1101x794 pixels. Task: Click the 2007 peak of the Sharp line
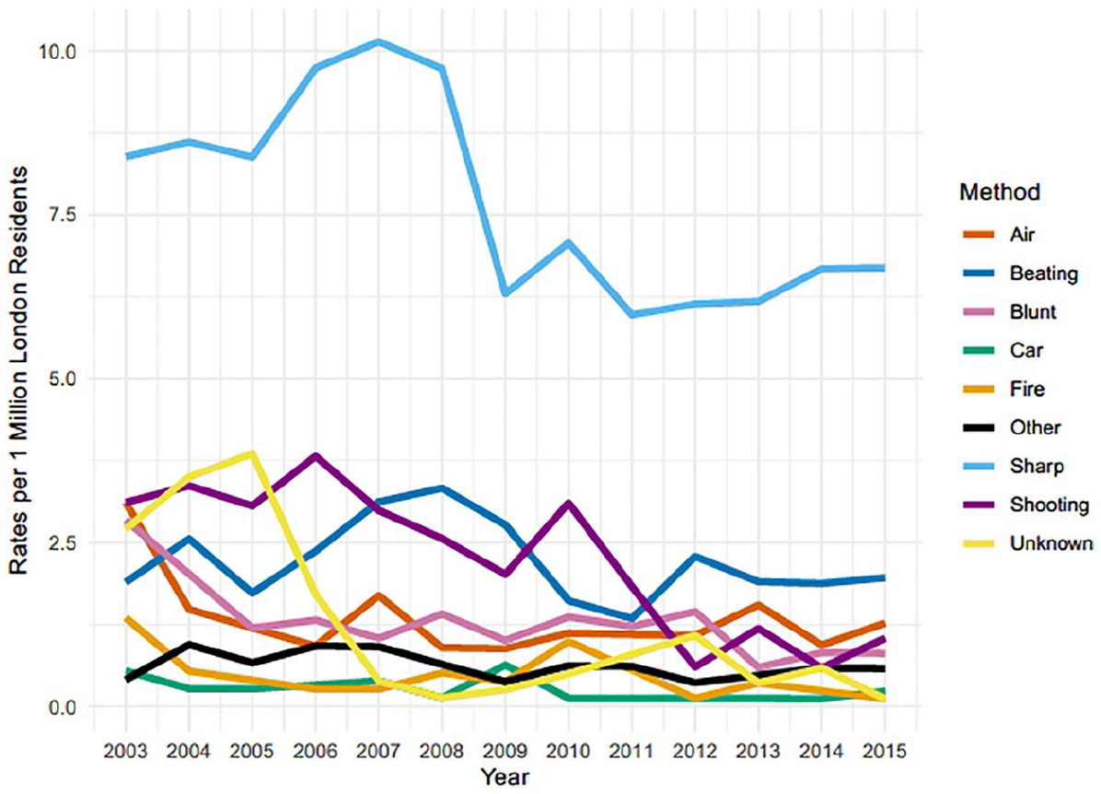click(378, 42)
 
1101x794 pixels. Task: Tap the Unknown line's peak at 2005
click(252, 453)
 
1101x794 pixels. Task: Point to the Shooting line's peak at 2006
click(316, 456)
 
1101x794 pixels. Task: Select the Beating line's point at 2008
click(442, 487)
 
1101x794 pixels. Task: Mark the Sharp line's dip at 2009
click(504, 292)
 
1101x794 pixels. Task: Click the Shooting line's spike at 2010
click(568, 503)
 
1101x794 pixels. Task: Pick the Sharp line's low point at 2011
click(632, 314)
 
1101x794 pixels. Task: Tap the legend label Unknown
click(1051, 543)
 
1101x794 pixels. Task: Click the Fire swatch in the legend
click(978, 389)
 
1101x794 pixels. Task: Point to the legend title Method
click(999, 192)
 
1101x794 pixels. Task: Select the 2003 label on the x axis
click(126, 751)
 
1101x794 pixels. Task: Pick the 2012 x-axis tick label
click(694, 751)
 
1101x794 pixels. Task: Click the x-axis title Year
click(504, 777)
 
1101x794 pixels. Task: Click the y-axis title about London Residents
click(18, 370)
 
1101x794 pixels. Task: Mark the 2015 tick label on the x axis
click(884, 751)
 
